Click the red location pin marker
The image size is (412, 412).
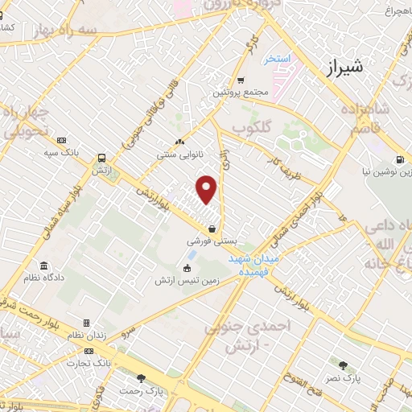pos(207,190)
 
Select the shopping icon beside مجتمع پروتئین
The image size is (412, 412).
pos(241,80)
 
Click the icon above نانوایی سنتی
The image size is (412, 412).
pos(179,138)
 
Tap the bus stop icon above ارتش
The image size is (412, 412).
pos(102,159)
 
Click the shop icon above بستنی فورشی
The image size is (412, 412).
pos(211,229)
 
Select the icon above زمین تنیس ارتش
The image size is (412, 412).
pos(187,268)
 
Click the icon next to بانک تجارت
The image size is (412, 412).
pos(88,351)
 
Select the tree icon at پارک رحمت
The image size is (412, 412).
pos(142,378)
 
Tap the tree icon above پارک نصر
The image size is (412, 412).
pos(344,365)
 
